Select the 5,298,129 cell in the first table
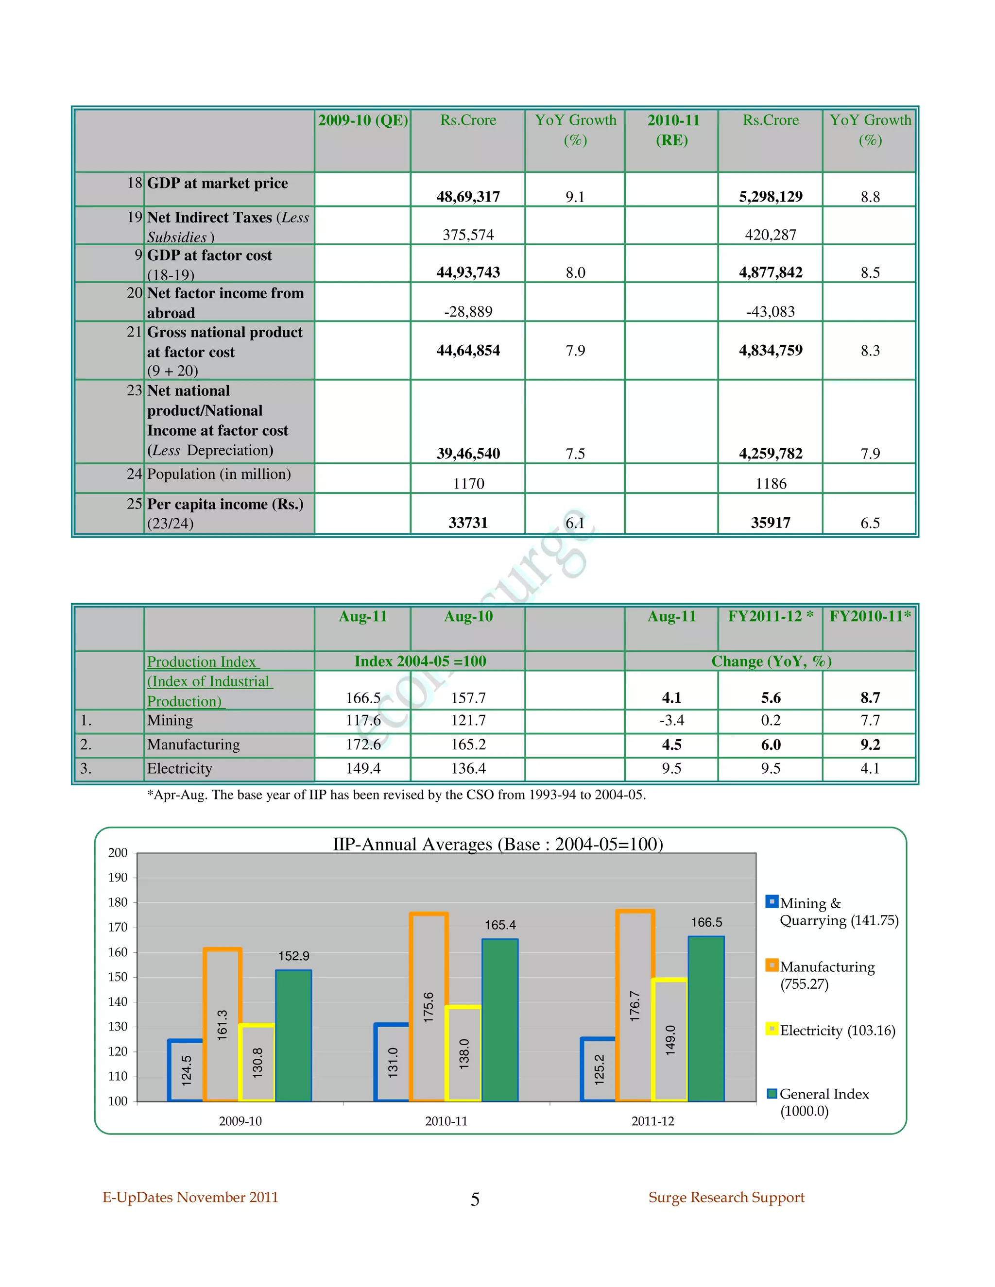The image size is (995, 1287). pos(771,196)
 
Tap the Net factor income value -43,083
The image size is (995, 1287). pos(771,311)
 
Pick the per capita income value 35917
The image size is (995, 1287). pos(771,523)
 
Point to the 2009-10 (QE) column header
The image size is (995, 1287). pos(363,120)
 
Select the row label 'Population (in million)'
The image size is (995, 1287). pos(219,474)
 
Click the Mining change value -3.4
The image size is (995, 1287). pos(671,720)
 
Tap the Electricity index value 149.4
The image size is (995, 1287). pos(363,768)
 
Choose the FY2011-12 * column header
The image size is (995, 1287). pos(771,616)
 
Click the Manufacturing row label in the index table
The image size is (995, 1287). pos(193,745)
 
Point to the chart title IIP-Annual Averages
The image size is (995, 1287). pos(497,844)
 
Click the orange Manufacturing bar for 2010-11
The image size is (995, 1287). pos(429,1007)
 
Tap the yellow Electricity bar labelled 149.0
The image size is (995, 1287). pos(670,1040)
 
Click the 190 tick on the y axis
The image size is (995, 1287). pos(118,878)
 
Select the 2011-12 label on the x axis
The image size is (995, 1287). pos(652,1121)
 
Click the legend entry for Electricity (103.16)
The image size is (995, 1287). pos(837,1030)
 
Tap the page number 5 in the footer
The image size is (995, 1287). pos(475,1199)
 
